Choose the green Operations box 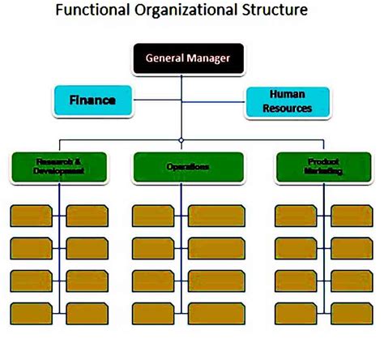pos(187,166)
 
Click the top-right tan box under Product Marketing pos(352,215)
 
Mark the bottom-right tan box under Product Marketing pos(352,313)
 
